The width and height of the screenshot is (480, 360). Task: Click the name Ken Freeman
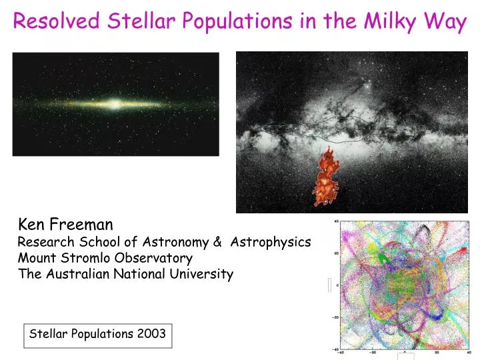[x=65, y=224]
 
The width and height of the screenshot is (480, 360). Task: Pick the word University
[x=204, y=274]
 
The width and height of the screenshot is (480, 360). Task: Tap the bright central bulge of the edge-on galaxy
[x=114, y=104]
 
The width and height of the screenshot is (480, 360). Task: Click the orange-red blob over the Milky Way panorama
[x=327, y=176]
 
